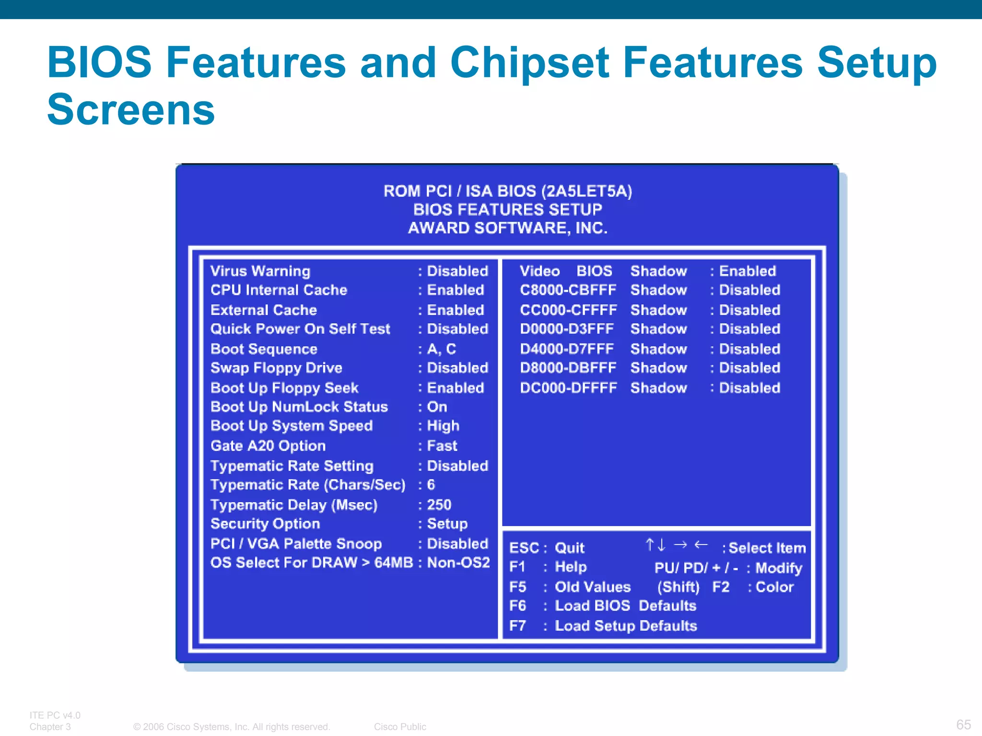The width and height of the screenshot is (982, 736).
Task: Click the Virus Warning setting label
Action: [260, 271]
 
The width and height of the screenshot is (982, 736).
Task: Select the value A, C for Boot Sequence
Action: [441, 349]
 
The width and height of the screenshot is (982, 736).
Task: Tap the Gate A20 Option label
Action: [268, 446]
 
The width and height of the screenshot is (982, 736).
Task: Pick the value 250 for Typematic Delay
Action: [439, 505]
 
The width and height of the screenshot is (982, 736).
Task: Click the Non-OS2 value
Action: [458, 563]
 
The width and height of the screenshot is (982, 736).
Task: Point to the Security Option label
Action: [265, 524]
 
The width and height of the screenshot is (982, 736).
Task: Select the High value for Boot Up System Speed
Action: [443, 426]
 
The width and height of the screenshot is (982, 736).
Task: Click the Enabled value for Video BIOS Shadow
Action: [747, 271]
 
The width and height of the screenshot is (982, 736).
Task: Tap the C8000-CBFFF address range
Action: [568, 290]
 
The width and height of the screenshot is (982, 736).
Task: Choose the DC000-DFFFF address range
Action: [568, 388]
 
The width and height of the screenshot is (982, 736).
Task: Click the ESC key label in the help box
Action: [524, 548]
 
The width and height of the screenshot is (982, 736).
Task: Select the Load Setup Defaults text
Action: [626, 626]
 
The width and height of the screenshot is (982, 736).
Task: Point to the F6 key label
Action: [518, 606]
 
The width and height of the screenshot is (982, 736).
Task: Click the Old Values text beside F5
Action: [593, 587]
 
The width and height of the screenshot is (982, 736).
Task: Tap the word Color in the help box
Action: [774, 587]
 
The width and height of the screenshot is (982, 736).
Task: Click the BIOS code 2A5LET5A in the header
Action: [586, 191]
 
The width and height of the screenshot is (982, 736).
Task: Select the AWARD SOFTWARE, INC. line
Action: [508, 228]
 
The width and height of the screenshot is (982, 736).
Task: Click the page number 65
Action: [963, 724]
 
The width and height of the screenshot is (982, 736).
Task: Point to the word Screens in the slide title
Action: [131, 110]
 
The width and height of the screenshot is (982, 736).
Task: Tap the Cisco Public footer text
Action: [400, 726]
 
